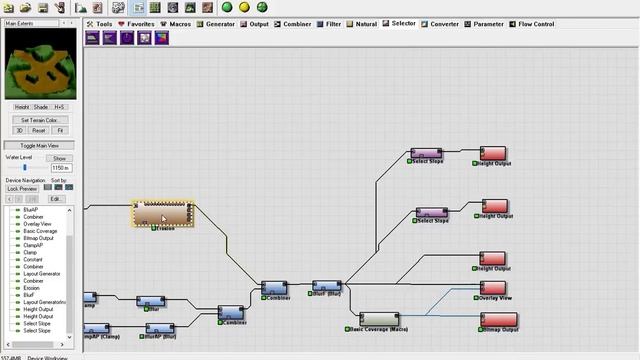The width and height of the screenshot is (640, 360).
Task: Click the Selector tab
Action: click(403, 22)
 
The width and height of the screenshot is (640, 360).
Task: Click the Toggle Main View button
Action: click(41, 145)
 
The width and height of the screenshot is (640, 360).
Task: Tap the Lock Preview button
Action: click(22, 188)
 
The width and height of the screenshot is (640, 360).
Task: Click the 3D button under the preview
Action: click(19, 130)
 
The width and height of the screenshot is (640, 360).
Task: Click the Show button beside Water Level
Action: click(60, 158)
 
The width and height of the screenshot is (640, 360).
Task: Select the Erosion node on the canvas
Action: click(163, 213)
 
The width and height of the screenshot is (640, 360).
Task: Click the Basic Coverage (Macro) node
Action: click(379, 319)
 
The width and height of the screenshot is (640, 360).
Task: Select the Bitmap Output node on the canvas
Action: click(499, 319)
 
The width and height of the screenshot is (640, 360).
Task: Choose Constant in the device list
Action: click(33, 259)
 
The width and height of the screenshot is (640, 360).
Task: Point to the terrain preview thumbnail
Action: click(41, 59)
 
